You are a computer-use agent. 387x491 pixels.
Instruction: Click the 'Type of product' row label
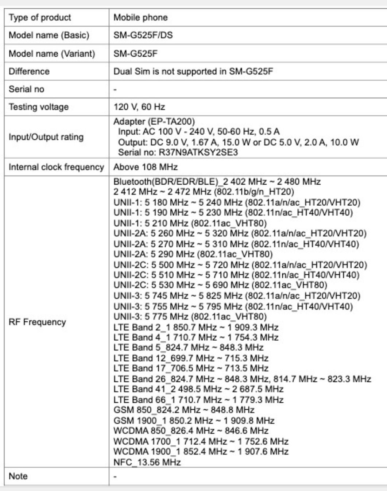[x=40, y=18]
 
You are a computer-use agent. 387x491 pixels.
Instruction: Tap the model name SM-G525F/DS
[x=143, y=35]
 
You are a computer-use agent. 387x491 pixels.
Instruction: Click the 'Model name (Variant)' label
[x=52, y=54]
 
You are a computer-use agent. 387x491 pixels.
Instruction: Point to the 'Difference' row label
[x=29, y=71]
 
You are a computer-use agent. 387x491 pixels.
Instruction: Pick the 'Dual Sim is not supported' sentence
[x=193, y=71]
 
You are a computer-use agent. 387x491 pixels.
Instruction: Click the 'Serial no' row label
[x=26, y=89]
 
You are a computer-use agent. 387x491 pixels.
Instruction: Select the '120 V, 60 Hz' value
[x=139, y=107]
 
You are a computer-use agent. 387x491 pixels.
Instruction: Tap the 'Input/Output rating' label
[x=46, y=137]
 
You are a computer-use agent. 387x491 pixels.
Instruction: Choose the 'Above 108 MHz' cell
[x=146, y=167]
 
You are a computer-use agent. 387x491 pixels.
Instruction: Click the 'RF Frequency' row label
[x=37, y=322]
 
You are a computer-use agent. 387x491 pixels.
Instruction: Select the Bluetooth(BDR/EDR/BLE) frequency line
[x=217, y=181]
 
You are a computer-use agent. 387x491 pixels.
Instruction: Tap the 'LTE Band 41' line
[x=198, y=389]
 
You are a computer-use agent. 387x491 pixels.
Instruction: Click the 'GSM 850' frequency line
[x=184, y=410]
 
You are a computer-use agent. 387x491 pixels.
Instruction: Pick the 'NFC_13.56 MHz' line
[x=147, y=462]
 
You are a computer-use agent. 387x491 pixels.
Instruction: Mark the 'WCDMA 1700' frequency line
[x=201, y=441]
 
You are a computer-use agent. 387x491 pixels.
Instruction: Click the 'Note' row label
[x=18, y=476]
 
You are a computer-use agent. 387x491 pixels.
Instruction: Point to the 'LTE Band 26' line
[x=242, y=379]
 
